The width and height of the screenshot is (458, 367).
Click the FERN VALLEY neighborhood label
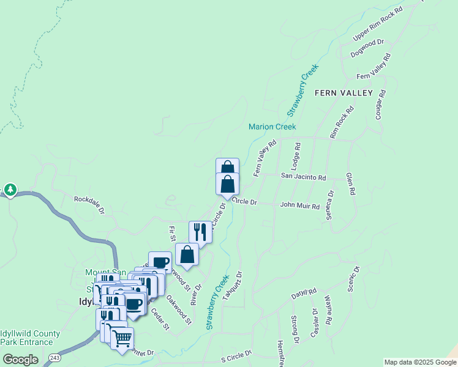click(x=343, y=93)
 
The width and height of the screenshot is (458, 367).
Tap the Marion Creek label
click(x=272, y=127)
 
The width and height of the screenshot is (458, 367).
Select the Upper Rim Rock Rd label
click(x=378, y=24)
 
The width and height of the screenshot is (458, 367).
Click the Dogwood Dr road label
click(x=367, y=49)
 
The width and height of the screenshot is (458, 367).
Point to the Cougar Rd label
click(x=380, y=105)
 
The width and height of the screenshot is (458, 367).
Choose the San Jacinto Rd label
click(x=303, y=177)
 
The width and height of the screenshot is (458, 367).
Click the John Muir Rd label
click(x=299, y=206)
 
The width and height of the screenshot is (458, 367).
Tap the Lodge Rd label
click(x=297, y=156)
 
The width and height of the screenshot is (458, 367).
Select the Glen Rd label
click(x=351, y=183)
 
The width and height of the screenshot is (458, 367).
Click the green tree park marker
click(x=10, y=190)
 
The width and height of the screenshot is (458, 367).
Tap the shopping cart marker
click(x=122, y=337)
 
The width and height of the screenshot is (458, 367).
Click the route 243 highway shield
click(x=55, y=357)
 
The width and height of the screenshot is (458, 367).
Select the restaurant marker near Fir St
click(x=200, y=231)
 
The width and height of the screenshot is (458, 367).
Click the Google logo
click(x=20, y=360)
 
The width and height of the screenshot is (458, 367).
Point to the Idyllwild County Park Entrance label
click(x=30, y=338)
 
